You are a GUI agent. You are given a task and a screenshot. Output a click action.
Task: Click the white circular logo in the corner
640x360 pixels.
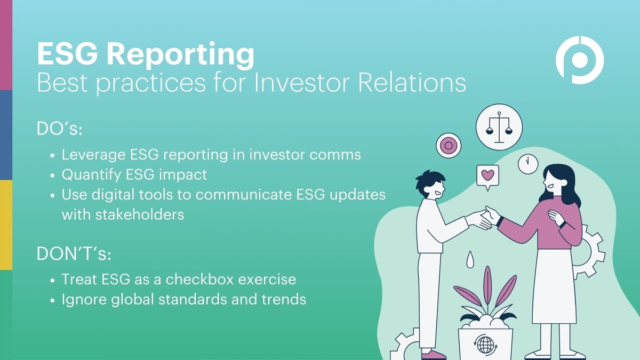click(x=579, y=60)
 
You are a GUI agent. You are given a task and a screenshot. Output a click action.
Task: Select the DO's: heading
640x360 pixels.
click(x=58, y=129)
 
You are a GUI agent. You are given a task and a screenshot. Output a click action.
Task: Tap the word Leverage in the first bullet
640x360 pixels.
click(x=92, y=155)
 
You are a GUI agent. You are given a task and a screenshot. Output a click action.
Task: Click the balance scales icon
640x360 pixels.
click(x=499, y=127)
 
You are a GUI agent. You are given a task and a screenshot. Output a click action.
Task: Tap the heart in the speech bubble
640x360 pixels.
click(x=487, y=175)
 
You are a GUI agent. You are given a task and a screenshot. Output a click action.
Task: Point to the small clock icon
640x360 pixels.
click(x=527, y=163)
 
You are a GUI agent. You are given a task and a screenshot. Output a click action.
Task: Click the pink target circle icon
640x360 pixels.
click(x=449, y=145)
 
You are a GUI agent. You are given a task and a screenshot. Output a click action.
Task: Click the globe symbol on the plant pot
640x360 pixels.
click(x=485, y=345)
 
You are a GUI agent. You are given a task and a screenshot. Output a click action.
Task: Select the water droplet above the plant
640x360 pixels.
click(x=469, y=260)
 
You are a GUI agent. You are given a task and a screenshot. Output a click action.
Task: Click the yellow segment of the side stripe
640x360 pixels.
click(x=6, y=225)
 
